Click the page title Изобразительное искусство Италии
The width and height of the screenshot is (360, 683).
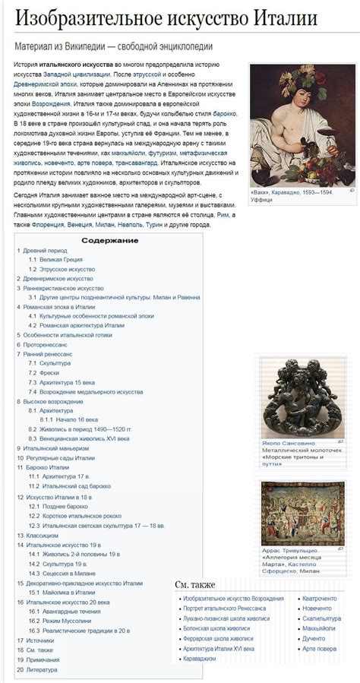tap(166, 19)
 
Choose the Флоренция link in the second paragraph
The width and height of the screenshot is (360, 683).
tap(49, 225)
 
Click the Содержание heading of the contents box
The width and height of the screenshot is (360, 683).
tap(110, 240)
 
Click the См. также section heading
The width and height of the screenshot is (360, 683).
tap(195, 584)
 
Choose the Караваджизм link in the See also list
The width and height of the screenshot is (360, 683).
tap(201, 659)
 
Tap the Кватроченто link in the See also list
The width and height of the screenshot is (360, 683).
tap(319, 599)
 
